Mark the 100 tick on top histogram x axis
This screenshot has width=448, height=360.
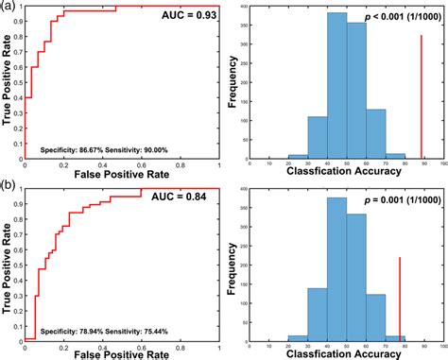pyautogui.click(x=437, y=166)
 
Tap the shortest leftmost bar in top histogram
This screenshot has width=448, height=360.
pyautogui.click(x=297, y=158)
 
